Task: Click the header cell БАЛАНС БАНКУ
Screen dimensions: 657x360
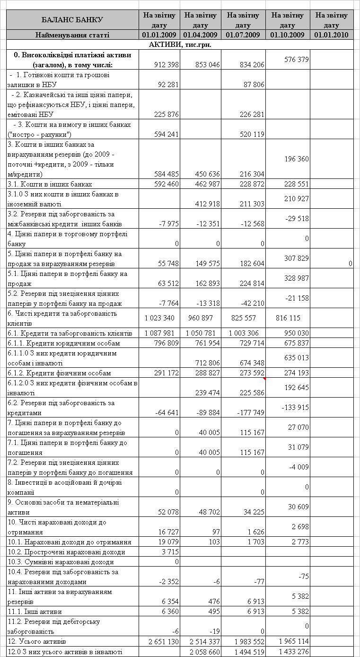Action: (72, 20)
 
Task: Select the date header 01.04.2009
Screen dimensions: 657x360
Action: (200, 35)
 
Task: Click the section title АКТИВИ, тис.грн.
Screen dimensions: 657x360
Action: (180, 44)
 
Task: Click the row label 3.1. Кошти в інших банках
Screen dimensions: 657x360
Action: (50, 184)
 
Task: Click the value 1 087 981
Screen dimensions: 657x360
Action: (160, 333)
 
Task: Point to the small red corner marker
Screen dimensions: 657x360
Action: (264, 379)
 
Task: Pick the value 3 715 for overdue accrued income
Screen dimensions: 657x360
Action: (170, 552)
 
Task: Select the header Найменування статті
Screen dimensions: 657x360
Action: (72, 35)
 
